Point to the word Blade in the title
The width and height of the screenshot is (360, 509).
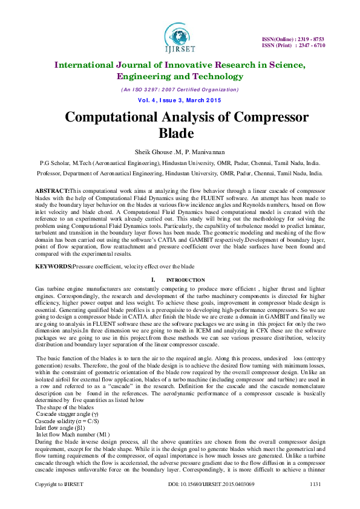pos(179,132)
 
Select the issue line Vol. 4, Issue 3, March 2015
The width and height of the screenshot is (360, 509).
pos(179,99)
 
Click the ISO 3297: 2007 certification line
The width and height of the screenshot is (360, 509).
pos(179,89)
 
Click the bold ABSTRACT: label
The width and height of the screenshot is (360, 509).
pos(52,190)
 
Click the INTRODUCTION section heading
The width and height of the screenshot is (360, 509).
pos(185,280)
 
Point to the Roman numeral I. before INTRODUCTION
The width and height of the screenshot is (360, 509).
pos(153,280)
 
